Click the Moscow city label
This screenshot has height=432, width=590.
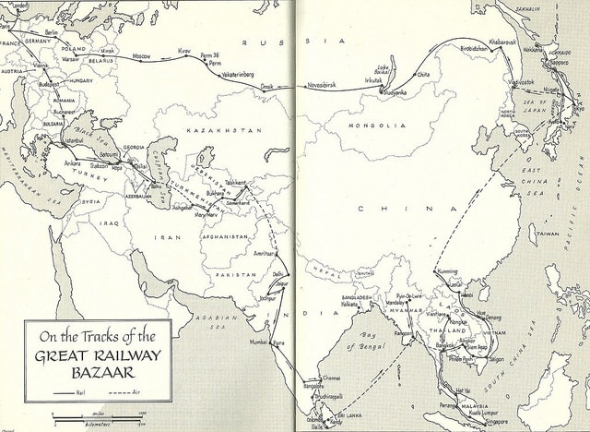pos(141,56)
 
